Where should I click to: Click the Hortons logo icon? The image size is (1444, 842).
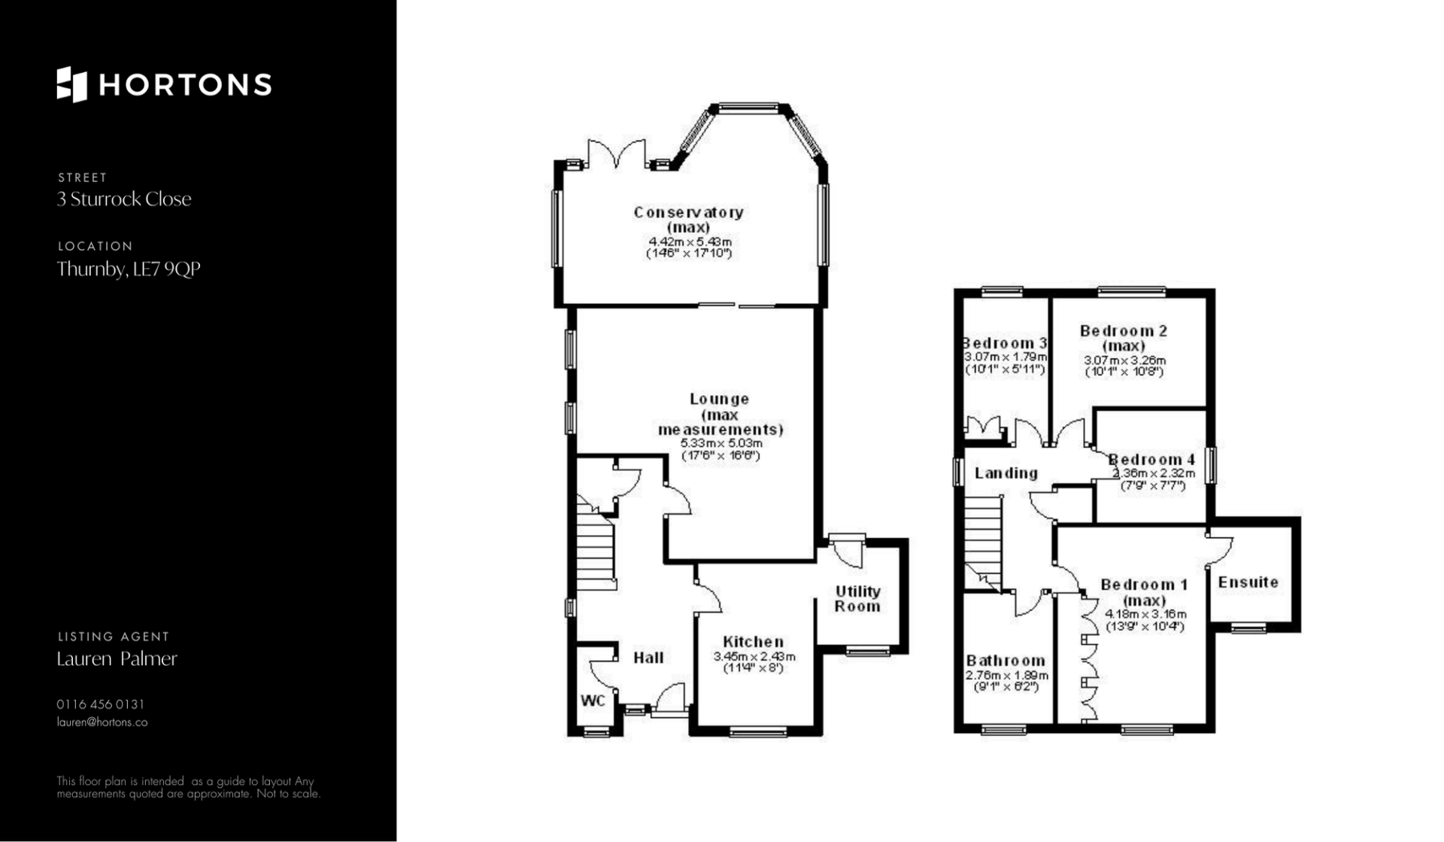click(x=72, y=84)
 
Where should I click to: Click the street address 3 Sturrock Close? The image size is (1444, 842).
click(x=124, y=199)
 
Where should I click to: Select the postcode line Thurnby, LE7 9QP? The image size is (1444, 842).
click(x=129, y=269)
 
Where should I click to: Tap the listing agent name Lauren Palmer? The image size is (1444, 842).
click(x=117, y=659)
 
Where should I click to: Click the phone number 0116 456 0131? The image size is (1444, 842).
click(x=101, y=705)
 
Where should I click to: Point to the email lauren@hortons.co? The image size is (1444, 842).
click(x=102, y=722)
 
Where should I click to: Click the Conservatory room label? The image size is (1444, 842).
click(x=689, y=213)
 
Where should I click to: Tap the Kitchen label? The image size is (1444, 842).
click(x=753, y=642)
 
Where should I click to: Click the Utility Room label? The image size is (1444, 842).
click(x=857, y=599)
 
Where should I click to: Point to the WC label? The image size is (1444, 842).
click(x=593, y=701)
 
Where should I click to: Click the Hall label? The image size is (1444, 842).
click(x=648, y=658)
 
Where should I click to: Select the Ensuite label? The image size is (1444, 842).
click(x=1248, y=582)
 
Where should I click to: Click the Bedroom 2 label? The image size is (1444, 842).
click(x=1124, y=331)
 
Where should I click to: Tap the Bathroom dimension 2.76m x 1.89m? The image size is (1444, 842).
click(x=1006, y=676)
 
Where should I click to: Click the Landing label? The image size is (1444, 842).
click(x=1006, y=473)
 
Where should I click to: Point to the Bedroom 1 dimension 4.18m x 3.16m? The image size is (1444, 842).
click(x=1145, y=614)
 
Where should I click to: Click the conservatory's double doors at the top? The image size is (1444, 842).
click(x=617, y=154)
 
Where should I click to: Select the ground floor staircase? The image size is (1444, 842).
click(x=596, y=542)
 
